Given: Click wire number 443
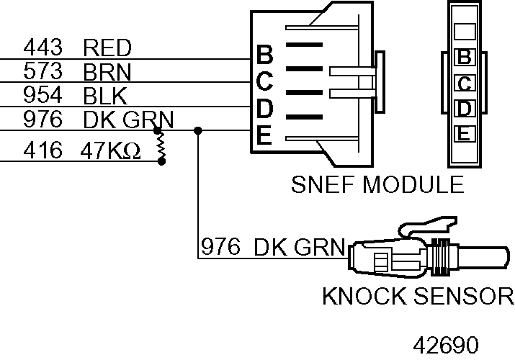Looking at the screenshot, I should pos(42,49).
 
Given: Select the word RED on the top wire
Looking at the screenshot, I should pos(107,49).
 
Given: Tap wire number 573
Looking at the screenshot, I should pos(42,72).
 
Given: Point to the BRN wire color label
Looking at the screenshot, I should pos(107,72).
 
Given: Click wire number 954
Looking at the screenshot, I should pos(42,95).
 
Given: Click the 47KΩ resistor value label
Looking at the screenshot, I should pos(112,151).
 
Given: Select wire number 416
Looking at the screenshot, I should pos(42,151).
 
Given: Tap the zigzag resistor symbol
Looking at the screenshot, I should pos(161,146).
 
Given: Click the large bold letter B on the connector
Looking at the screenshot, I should pos(264,55).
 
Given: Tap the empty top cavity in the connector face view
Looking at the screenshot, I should pos(465,31).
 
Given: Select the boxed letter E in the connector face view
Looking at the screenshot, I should pos(465,133).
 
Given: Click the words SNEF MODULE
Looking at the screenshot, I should pos(377,185).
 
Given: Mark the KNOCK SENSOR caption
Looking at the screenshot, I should pos(418,296).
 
